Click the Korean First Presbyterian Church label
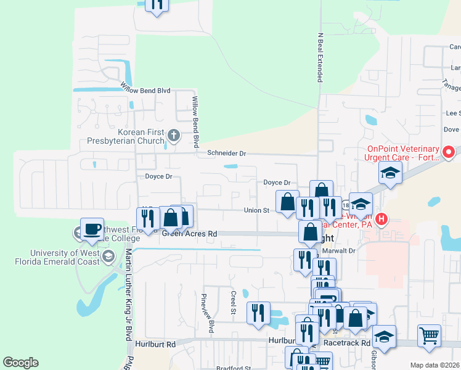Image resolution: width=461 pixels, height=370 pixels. pos(142,136)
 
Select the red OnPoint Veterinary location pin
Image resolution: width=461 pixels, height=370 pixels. pos(449,152)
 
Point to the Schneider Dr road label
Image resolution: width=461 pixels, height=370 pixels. pos(226,153)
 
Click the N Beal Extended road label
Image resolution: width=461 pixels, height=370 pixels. pos(320,58)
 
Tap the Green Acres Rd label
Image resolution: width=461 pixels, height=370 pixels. pos(190,234)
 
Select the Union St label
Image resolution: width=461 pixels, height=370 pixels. pos(256,210)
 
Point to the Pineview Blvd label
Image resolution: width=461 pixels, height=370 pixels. pos(206,313)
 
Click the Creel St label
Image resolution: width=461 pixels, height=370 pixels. pos(234,302)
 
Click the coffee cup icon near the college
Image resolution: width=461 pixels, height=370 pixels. pos(92,229)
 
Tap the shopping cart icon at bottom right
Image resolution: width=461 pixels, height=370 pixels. pos(429,336)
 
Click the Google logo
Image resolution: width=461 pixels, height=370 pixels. pos(20,363)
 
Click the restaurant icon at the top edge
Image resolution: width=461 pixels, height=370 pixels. pos(157,5)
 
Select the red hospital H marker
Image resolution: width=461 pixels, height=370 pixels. pos(382,218)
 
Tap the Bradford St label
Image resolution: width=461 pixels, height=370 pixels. pos(233,368)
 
